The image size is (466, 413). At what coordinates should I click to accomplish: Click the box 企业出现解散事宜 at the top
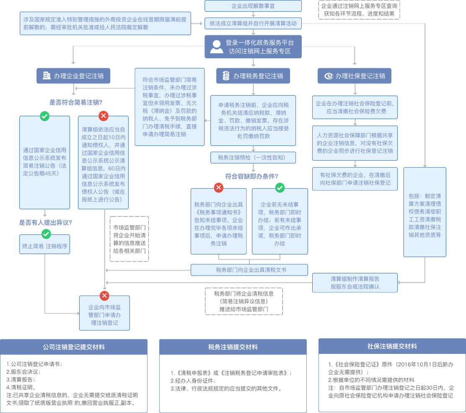coord(253,6)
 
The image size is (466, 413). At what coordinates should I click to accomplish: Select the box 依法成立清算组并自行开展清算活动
coord(253,23)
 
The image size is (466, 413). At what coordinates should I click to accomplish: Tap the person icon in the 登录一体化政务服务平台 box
coord(217,47)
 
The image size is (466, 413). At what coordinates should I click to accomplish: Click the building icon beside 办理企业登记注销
coord(47,76)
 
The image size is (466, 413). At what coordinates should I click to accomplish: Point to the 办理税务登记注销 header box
coord(253,76)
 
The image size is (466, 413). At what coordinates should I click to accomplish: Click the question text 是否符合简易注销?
coord(76,102)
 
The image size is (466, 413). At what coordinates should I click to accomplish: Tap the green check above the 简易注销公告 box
coord(44,116)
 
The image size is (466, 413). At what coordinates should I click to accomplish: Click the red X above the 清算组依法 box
coord(103,116)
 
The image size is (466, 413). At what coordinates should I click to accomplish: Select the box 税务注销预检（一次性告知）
coord(253,158)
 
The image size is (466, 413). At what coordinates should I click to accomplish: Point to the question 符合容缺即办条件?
coord(251,176)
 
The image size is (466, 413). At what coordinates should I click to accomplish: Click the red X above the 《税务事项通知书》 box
coord(218,187)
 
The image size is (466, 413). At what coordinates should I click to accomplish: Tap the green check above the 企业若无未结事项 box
coord(280,187)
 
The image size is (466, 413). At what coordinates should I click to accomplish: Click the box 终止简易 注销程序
coord(44,247)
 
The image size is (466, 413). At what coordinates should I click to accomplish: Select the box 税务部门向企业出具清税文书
coord(249,270)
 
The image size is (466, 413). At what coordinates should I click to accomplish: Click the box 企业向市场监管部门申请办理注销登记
coord(104,314)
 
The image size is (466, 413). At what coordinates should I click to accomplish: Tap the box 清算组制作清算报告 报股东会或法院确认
coord(355,283)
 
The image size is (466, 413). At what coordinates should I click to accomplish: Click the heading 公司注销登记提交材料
coord(74,347)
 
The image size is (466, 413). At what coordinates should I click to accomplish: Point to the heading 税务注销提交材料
coord(233,347)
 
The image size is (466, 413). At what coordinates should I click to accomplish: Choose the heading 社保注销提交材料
coord(392,346)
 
